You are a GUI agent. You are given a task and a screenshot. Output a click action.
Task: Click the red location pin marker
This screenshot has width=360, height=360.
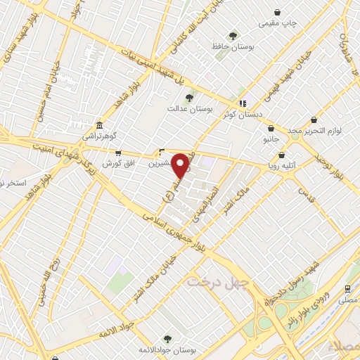click(181, 166)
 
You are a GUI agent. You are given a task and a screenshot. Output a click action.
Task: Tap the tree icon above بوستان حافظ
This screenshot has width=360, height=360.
click(233, 36)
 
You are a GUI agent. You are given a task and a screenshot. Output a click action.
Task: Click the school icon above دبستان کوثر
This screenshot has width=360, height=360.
click(243, 103)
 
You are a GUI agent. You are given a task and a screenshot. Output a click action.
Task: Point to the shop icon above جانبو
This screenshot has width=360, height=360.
click(271, 129)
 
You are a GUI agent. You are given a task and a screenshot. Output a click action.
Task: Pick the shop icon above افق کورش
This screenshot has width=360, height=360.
click(117, 152)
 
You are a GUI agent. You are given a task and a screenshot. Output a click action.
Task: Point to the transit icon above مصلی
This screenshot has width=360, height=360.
click(347, 288)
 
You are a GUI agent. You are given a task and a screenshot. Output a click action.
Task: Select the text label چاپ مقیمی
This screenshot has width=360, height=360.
click(278, 23)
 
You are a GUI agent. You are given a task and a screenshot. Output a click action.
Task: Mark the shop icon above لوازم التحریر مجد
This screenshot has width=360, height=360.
click(314, 120)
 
